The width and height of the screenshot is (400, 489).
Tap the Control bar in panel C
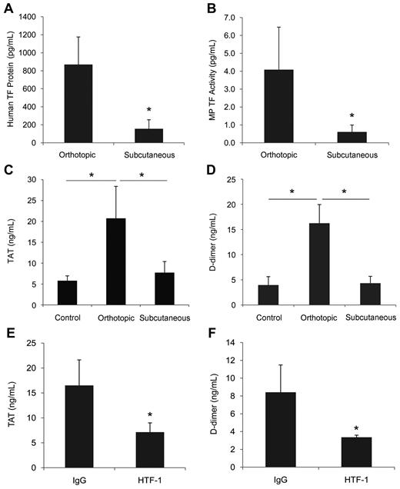click(x=67, y=293)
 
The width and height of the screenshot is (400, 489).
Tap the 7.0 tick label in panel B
click(x=240, y=17)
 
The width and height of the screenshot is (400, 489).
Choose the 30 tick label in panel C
click(x=36, y=179)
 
